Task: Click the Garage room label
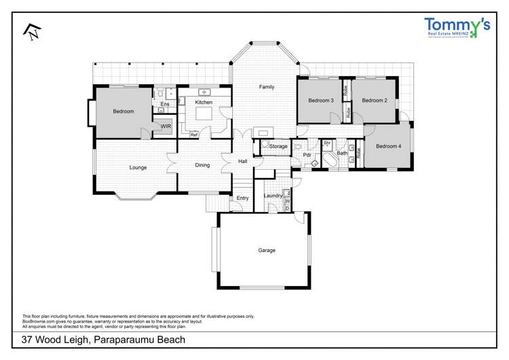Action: click(x=267, y=250)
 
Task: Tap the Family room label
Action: click(x=267, y=87)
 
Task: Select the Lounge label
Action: click(x=138, y=166)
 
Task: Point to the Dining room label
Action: click(x=202, y=165)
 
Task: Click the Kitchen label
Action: click(x=204, y=102)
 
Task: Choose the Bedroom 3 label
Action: click(x=321, y=101)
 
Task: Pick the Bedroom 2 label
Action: click(x=374, y=101)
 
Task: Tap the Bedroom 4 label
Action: click(x=388, y=146)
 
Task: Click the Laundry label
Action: click(x=273, y=196)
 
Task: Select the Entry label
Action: click(x=242, y=198)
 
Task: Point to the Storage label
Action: click(x=278, y=146)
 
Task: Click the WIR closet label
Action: click(x=166, y=126)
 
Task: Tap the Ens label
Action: click(x=164, y=104)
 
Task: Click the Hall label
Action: click(x=242, y=161)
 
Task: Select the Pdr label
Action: click(x=307, y=155)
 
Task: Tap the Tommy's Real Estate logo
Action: click(x=457, y=27)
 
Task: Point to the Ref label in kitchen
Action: click(x=193, y=134)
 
